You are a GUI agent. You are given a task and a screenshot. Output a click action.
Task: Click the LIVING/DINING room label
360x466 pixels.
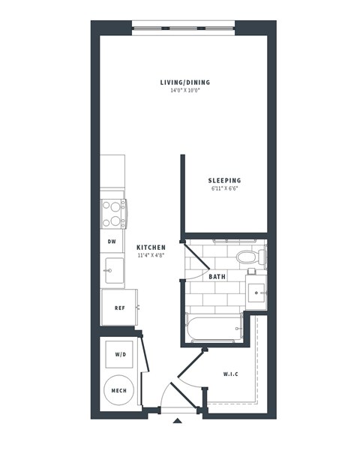pos(185,83)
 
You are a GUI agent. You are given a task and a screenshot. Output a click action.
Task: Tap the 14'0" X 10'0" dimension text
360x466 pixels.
pos(185,91)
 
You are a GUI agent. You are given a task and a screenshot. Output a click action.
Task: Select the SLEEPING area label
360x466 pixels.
pos(224,181)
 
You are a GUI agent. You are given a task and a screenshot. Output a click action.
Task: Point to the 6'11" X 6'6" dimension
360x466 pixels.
pos(224,189)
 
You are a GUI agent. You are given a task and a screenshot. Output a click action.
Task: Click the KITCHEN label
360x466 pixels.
pos(151,248)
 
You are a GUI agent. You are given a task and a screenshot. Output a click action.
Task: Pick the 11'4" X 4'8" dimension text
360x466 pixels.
pos(151,256)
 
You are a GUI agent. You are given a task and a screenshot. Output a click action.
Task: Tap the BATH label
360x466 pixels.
pos(217,277)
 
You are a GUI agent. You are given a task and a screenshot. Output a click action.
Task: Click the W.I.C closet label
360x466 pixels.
pos(230,374)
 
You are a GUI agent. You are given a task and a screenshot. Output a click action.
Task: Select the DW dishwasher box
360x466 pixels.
pos(112,242)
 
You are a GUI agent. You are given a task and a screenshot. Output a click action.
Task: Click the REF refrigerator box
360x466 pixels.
pos(119,308)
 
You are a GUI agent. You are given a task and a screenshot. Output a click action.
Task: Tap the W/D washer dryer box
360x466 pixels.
pos(120,354)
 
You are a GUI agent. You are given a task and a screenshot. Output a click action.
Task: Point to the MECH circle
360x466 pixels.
pos(119,391)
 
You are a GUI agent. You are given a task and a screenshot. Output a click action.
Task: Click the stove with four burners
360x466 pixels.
pos(113,213)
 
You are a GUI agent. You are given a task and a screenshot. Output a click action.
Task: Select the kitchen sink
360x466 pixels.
pos(113,268)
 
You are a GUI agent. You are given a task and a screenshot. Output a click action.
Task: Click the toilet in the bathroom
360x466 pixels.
pos(246,257)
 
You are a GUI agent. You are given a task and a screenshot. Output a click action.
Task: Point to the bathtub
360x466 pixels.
pos(214,329)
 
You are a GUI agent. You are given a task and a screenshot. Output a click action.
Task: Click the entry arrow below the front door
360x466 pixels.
pos(177,422)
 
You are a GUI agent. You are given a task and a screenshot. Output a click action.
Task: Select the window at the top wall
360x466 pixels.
pos(184,30)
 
